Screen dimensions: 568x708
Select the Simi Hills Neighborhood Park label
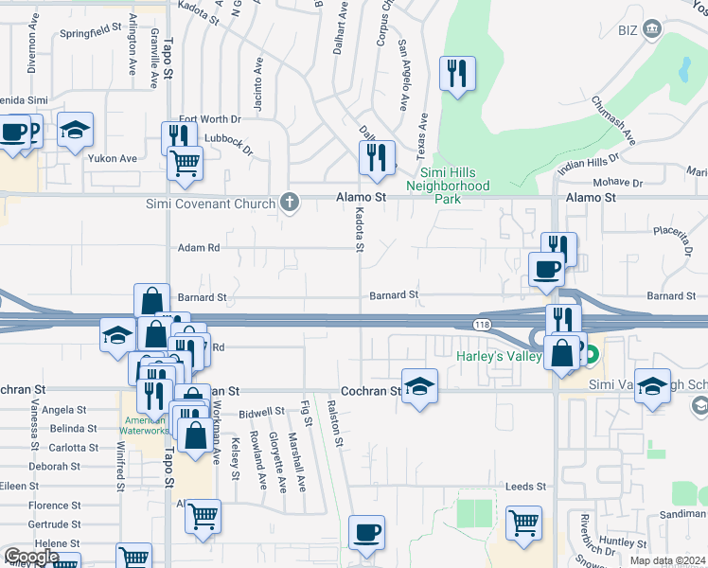click(x=454, y=192)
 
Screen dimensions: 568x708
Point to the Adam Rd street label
click(x=199, y=248)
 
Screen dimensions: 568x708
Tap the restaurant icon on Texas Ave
click(x=457, y=74)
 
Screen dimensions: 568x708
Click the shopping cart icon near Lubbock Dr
click(x=185, y=164)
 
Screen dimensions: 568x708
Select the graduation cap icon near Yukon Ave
click(x=76, y=131)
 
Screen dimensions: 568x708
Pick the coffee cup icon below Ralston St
click(x=366, y=533)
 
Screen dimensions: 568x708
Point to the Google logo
click(x=31, y=557)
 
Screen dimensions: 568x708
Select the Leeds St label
click(x=526, y=487)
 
